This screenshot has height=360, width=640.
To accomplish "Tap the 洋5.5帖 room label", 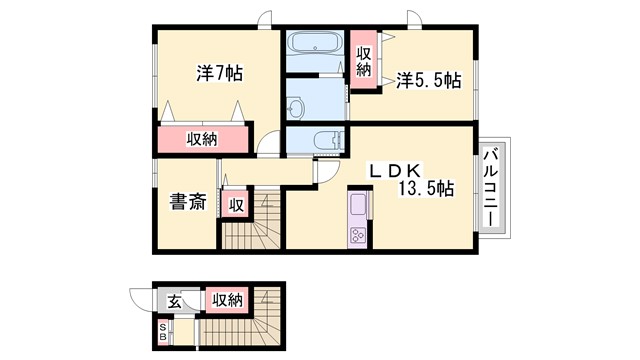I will pyautogui.click(x=427, y=79).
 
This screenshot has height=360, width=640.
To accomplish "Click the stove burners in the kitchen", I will pyautogui.click(x=357, y=236).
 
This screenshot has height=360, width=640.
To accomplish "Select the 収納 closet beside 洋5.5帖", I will pyautogui.click(x=364, y=61).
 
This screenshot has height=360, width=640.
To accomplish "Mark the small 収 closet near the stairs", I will pyautogui.click(x=236, y=205).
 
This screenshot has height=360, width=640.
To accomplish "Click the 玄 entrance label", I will pyautogui.click(x=173, y=300).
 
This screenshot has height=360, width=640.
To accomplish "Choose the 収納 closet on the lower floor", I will pyautogui.click(x=225, y=300).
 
